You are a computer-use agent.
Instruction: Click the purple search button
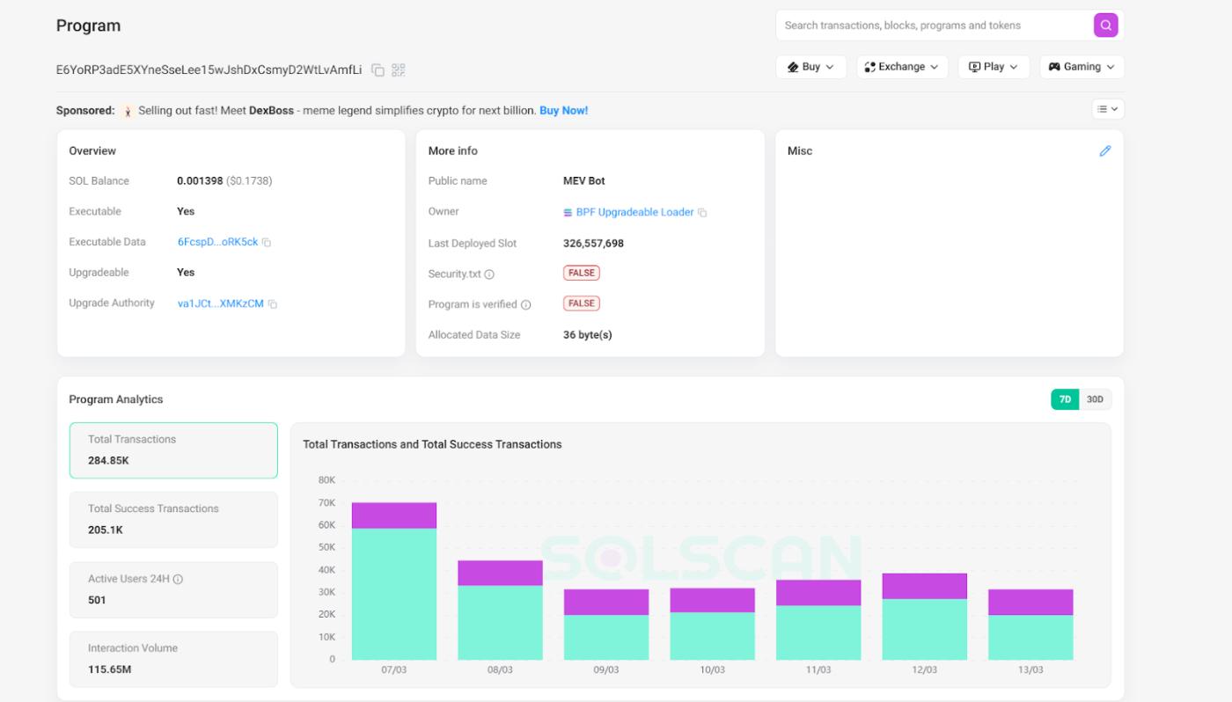1105,26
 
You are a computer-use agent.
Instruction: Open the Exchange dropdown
902,67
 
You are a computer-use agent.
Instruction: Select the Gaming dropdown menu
1082,67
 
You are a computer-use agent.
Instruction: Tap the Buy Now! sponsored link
563,111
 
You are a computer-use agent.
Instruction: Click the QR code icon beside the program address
398,69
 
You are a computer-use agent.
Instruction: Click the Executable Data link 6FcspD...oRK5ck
217,242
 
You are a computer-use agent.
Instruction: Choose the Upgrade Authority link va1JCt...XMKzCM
220,303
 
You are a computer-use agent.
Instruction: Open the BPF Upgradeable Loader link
634,212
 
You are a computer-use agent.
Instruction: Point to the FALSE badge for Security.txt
581,274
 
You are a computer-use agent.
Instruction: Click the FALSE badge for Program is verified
581,303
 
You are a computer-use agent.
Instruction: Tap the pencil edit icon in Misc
1104,151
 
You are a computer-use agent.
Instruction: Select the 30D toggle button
1095,399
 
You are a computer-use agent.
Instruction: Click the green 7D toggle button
1065,399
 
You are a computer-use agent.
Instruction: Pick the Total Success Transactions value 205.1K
106,530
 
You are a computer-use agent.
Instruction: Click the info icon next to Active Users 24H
178,580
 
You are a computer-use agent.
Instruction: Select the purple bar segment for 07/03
394,516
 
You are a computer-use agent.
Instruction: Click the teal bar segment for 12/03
924,629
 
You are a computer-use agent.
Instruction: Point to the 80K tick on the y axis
326,480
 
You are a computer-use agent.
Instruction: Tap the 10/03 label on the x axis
712,670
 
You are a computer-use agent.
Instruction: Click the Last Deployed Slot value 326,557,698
593,244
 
